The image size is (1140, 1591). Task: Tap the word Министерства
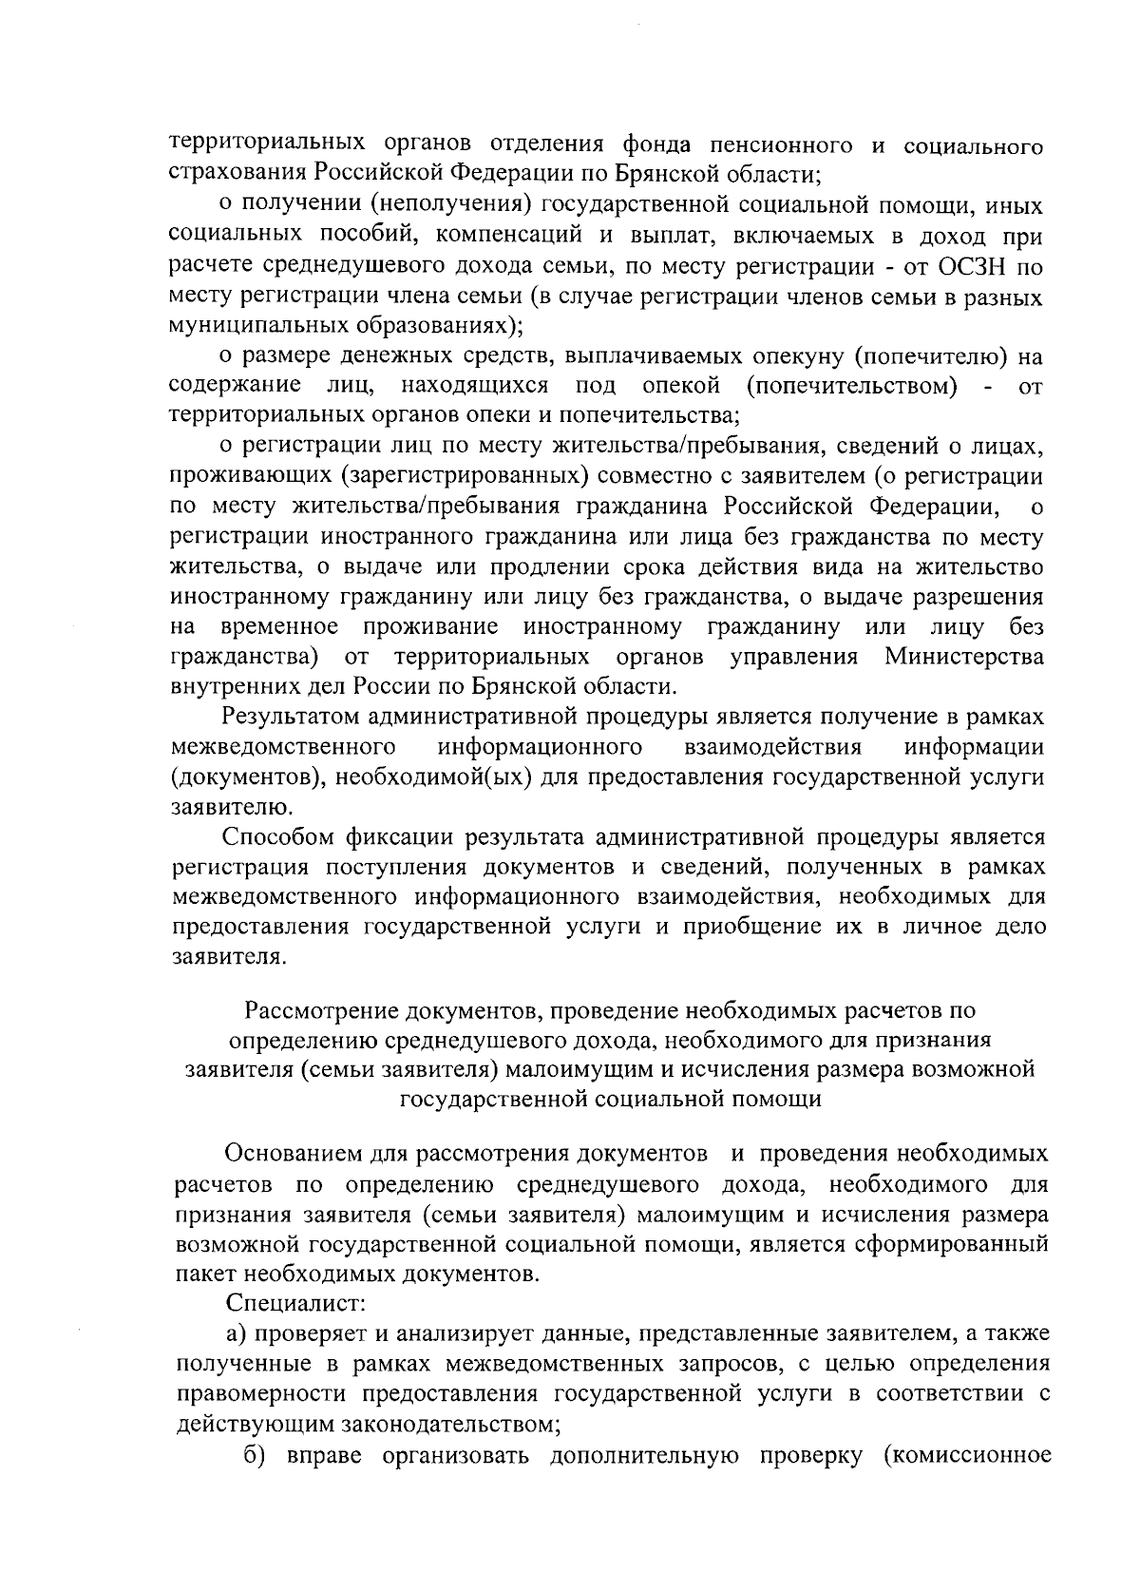pyautogui.click(x=964, y=657)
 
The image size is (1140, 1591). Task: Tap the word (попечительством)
pyautogui.click(x=851, y=387)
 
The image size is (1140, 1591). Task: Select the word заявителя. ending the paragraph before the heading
pyautogui.click(x=227, y=957)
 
